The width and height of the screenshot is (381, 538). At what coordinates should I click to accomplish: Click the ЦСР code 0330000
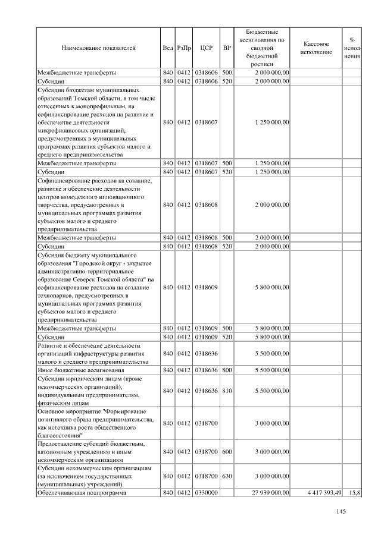pyautogui.click(x=206, y=493)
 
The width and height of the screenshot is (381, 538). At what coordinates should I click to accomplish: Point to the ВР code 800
pyautogui.click(x=227, y=369)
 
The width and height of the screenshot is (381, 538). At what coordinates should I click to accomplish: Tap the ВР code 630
pyautogui.click(x=227, y=476)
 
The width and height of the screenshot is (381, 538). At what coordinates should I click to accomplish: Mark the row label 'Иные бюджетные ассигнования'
pyautogui.click(x=81, y=369)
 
